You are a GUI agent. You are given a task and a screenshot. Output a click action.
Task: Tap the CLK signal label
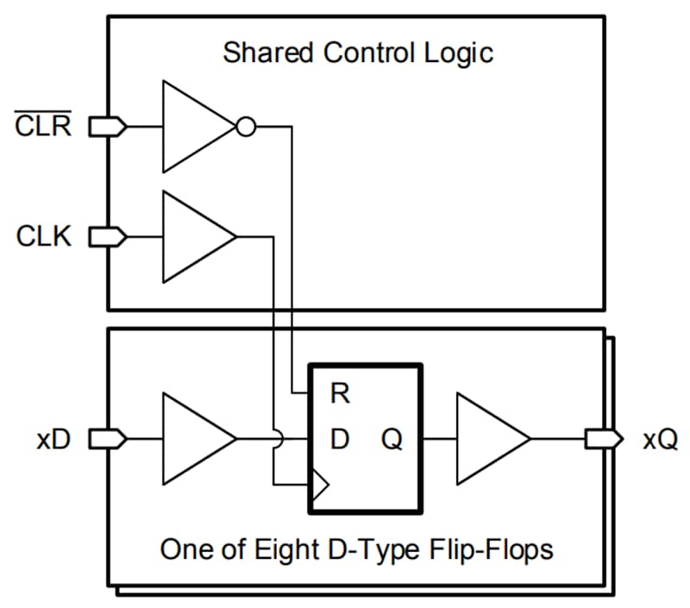(x=43, y=236)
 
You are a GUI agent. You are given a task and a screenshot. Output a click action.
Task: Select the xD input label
(x=53, y=440)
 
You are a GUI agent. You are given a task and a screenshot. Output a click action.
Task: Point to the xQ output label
(x=660, y=440)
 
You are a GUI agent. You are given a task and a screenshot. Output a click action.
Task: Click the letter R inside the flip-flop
(x=340, y=395)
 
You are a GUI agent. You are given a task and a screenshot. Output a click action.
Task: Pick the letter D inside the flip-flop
(x=340, y=440)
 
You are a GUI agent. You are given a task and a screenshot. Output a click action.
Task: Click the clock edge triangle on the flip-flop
(x=319, y=485)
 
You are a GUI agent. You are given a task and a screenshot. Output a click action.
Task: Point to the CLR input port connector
(x=108, y=127)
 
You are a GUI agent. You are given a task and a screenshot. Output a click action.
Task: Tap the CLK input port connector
(x=108, y=236)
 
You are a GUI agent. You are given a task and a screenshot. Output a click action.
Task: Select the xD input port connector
(x=108, y=439)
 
